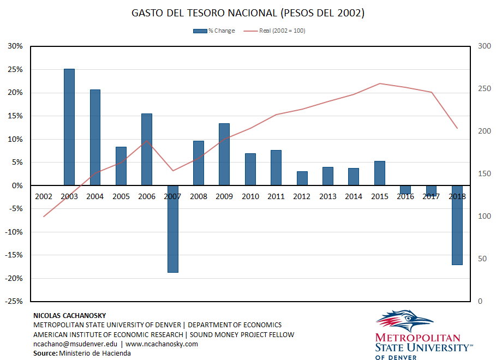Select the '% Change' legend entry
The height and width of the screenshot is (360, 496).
click(x=214, y=31)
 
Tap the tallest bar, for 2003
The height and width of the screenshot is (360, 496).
click(x=69, y=127)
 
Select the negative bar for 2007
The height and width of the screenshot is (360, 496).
click(x=172, y=229)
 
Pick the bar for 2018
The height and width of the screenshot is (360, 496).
click(x=457, y=225)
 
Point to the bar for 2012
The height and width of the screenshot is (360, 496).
click(x=302, y=178)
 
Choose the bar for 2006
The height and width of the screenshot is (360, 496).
click(x=147, y=149)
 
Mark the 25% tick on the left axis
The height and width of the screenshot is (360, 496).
click(x=15, y=70)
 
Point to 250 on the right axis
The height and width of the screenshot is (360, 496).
click(x=483, y=89)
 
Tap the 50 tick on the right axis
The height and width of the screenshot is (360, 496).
click(x=481, y=259)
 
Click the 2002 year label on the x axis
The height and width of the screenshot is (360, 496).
click(x=44, y=196)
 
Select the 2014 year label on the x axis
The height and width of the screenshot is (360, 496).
click(x=354, y=196)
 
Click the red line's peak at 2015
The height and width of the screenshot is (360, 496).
click(x=380, y=83)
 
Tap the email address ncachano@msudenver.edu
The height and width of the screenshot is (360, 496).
click(x=75, y=344)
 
